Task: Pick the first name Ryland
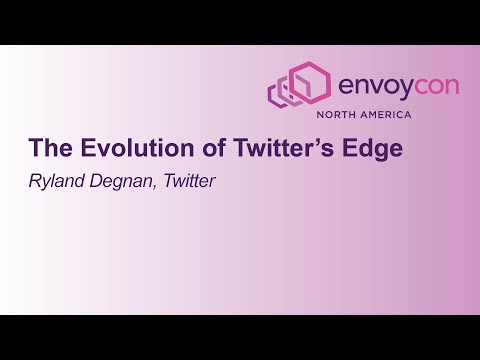(58, 182)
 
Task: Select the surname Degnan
(129, 182)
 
